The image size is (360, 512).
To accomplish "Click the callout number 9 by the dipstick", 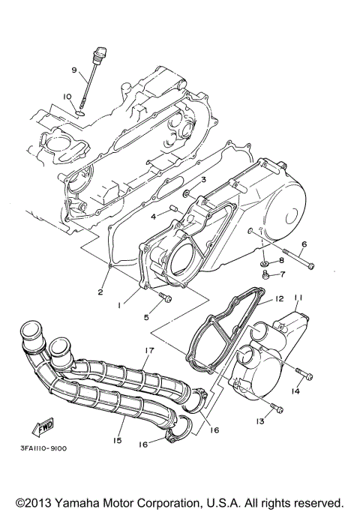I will pyautogui.click(x=74, y=70).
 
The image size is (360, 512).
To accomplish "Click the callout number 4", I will pyautogui.click(x=153, y=216).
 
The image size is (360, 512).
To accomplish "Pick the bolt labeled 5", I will pyautogui.click(x=166, y=300).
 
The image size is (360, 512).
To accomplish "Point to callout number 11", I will pyautogui.click(x=296, y=298).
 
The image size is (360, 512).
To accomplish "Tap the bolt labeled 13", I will pyautogui.click(x=278, y=409).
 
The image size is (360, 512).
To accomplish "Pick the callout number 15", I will pyautogui.click(x=117, y=441).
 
